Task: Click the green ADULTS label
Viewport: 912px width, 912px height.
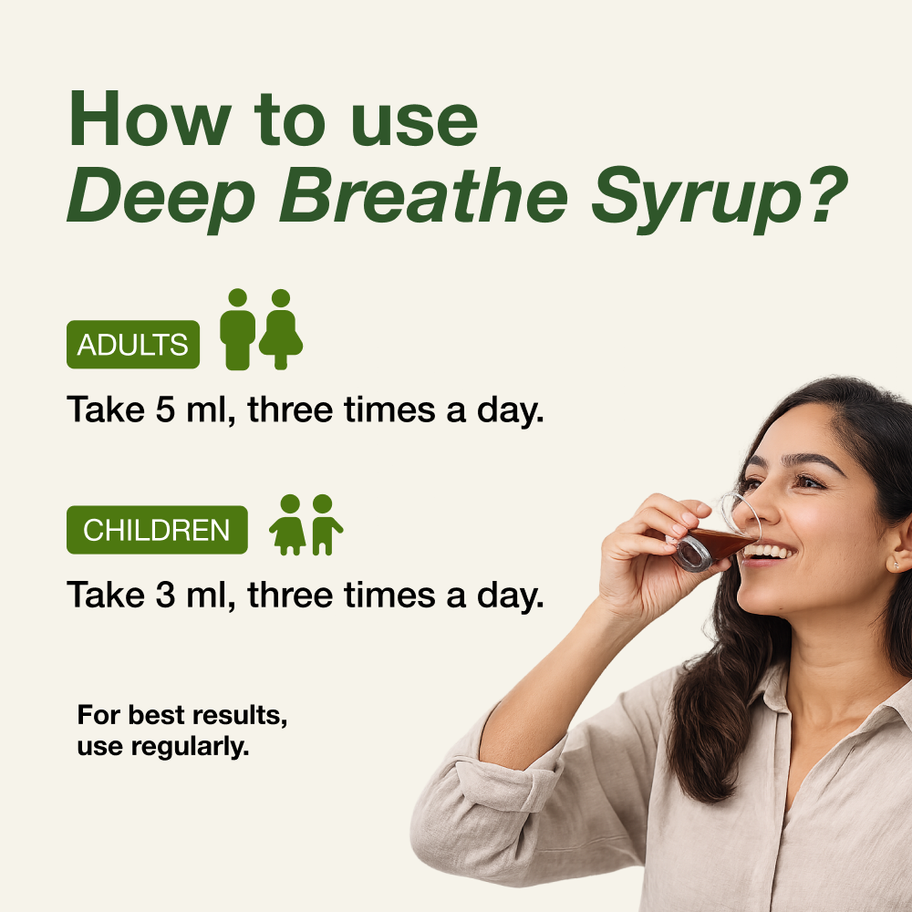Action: tap(133, 345)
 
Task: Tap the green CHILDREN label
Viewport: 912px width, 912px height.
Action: tap(157, 530)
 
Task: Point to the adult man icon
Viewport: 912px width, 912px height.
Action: tap(238, 330)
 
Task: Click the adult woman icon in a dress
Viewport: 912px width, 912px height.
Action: tap(281, 330)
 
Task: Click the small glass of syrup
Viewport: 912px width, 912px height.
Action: tap(716, 544)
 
